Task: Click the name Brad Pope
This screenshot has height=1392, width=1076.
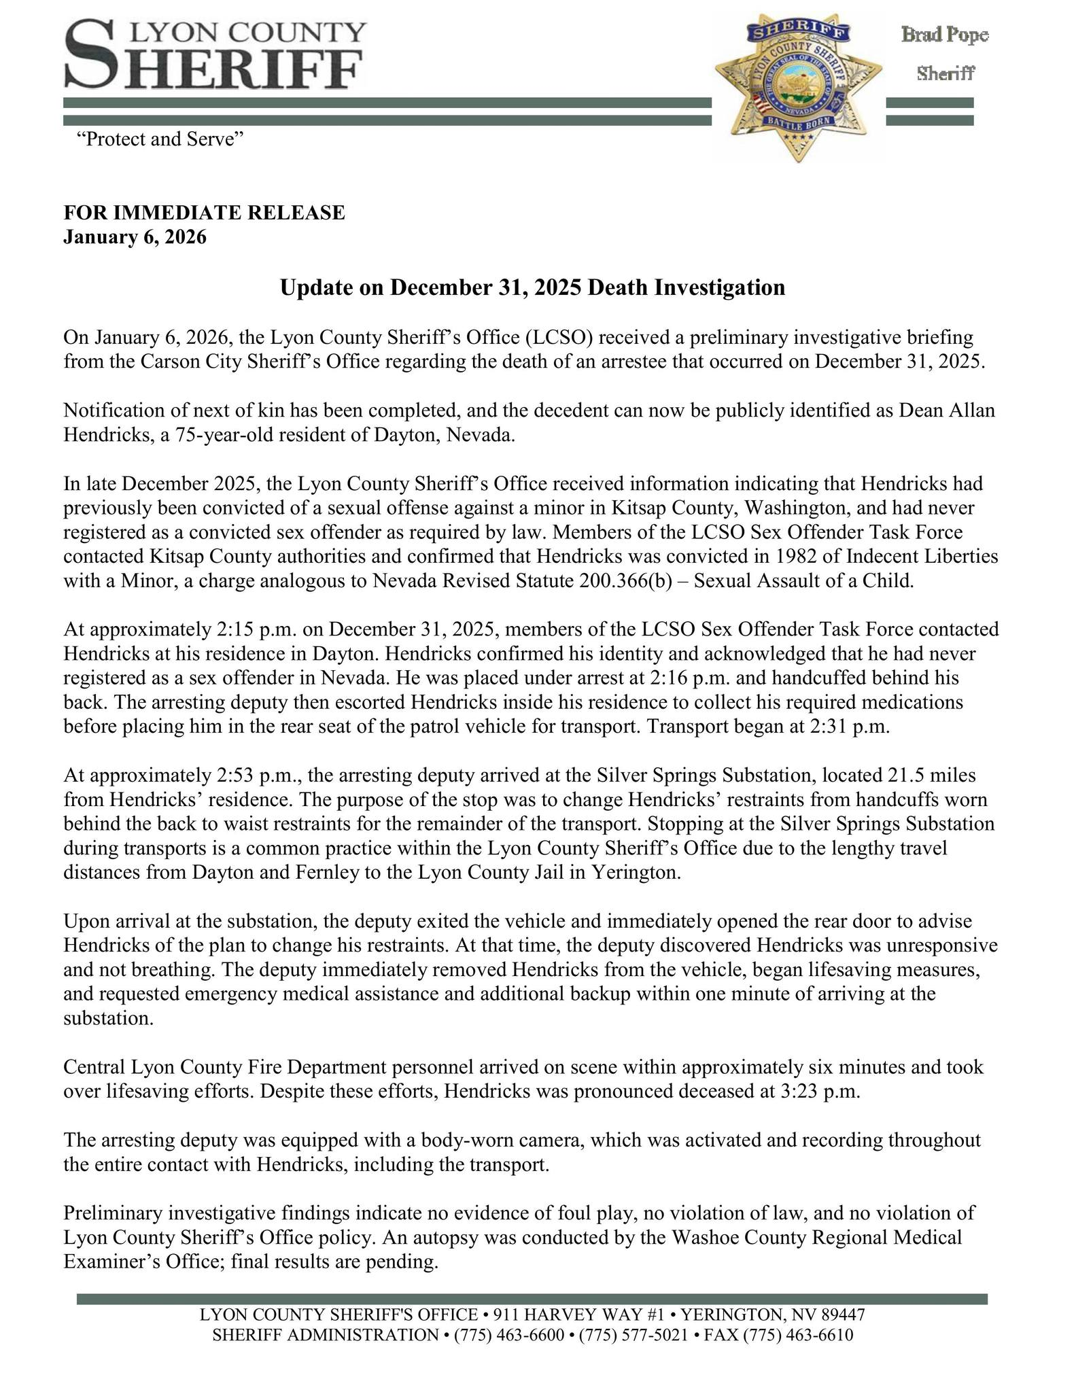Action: point(944,35)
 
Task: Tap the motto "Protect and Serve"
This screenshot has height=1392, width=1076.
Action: point(160,139)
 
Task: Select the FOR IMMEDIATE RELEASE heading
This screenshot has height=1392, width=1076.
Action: point(204,213)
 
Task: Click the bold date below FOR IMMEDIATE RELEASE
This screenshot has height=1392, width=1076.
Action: point(135,237)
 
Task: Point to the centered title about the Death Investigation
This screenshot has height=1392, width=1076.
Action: point(532,288)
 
